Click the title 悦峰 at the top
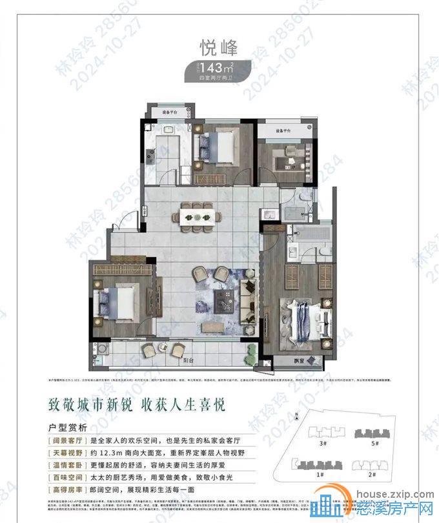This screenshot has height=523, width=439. [x=219, y=48]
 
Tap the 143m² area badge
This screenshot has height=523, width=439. [x=219, y=67]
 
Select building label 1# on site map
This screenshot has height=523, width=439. [x=321, y=474]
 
